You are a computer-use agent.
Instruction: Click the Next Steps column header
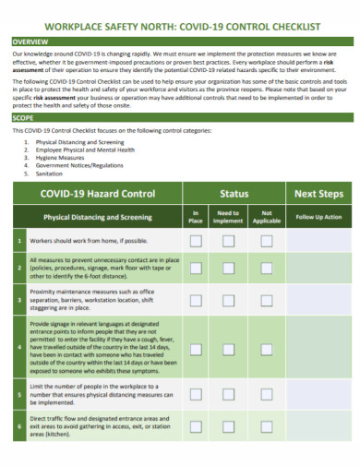pyautogui.click(x=318, y=194)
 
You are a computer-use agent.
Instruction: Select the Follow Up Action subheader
pyautogui.click(x=318, y=217)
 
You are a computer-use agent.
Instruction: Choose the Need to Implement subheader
pyautogui.click(x=228, y=218)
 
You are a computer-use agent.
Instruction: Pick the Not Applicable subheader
pyautogui.click(x=267, y=218)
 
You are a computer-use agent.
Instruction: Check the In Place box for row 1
pyautogui.click(x=196, y=241)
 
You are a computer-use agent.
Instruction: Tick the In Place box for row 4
pyautogui.click(x=196, y=350)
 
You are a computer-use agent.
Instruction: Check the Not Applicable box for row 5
pyautogui.click(x=267, y=394)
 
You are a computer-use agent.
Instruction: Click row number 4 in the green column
pyautogui.click(x=19, y=348)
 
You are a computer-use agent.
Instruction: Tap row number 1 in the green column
pyautogui.click(x=19, y=241)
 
